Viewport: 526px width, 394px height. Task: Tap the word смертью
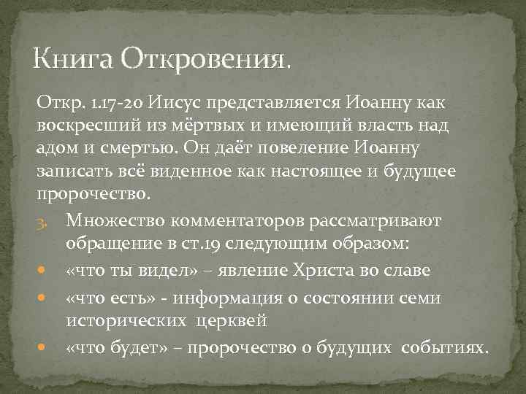click(138, 148)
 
